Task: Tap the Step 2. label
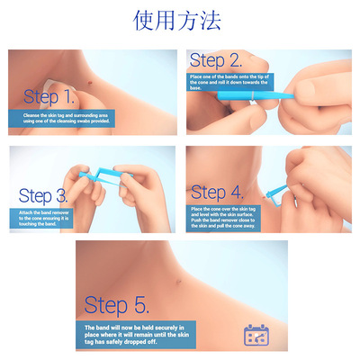216,61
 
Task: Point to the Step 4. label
217,192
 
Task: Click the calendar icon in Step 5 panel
257,335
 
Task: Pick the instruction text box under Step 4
230,216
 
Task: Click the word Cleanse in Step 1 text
34,114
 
